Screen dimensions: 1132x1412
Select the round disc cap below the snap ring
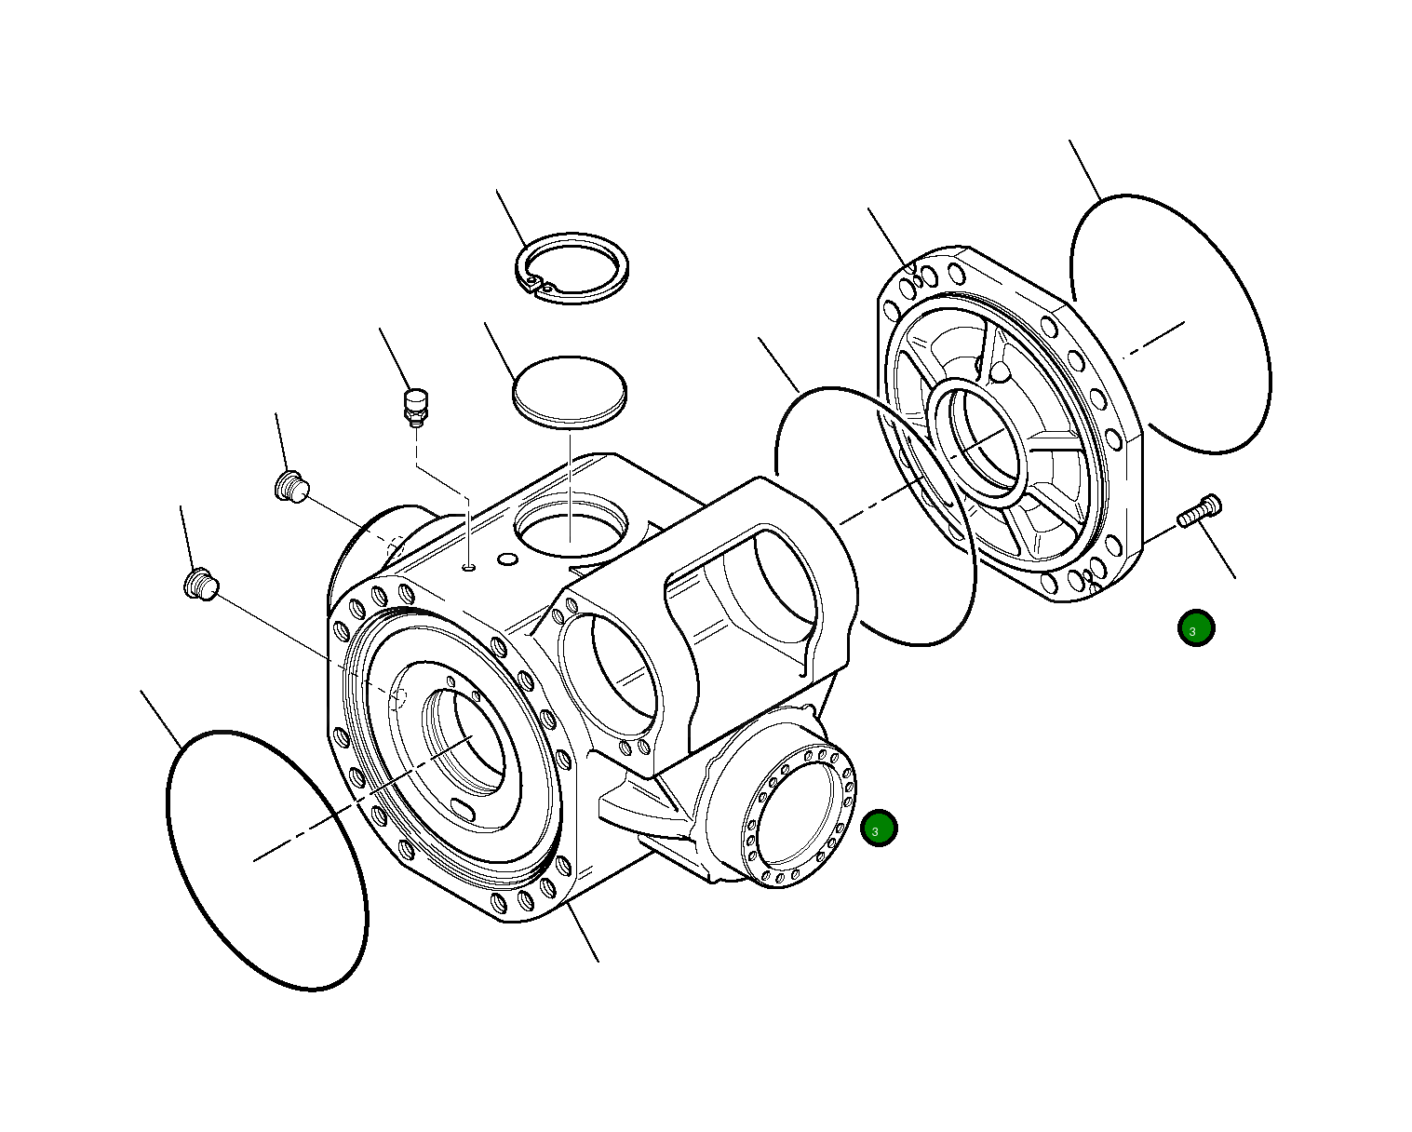coord(570,391)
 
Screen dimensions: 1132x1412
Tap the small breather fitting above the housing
coord(415,407)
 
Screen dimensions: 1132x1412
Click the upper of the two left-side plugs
coord(291,486)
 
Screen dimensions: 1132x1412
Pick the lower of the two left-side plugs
coord(199,585)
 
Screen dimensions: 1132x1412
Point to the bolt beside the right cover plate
coord(1200,511)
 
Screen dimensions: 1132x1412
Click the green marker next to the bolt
coord(1195,629)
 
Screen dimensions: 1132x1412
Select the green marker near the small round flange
coord(879,829)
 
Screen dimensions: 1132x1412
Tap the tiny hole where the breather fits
coord(470,565)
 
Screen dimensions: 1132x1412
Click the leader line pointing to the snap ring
coord(511,218)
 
